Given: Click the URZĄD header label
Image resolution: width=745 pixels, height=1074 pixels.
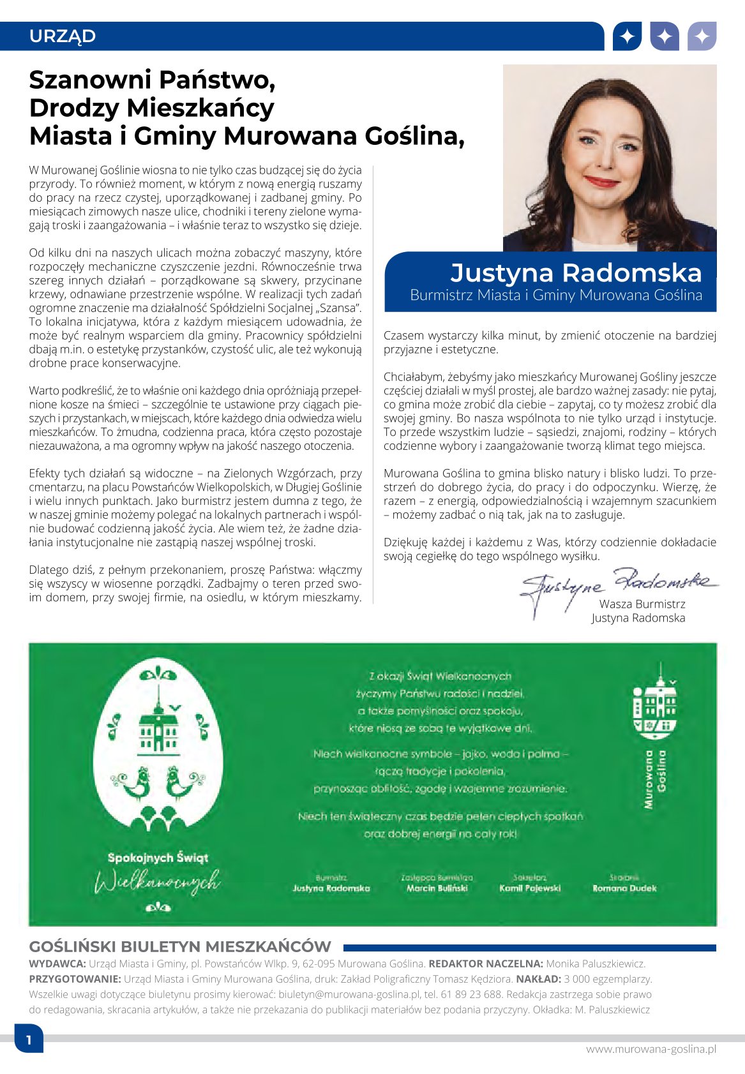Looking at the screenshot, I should pos(63,36).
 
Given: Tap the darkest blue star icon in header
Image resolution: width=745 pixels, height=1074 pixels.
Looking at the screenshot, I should pos(627,36).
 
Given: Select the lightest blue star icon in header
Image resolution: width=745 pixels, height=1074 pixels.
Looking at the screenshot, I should pos(702,36).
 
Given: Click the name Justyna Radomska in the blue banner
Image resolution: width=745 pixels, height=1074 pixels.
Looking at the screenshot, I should pos(576,272).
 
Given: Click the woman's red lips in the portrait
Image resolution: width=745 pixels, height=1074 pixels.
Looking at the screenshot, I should pos(603,181).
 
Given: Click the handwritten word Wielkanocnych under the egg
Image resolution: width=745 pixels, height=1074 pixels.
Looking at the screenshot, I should pos(157,882).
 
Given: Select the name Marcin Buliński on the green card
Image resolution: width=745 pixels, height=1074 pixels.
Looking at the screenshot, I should pos(437,888).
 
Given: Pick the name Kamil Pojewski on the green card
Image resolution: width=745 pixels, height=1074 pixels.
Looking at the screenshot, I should pos(530,888).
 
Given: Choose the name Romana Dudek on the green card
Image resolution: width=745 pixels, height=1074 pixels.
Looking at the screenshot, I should pos(624,888).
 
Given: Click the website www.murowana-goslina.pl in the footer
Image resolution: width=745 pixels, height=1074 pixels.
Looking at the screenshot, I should pos(651,1049).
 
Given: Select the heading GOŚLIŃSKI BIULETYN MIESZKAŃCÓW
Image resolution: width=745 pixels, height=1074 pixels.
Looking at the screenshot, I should pos(181,946).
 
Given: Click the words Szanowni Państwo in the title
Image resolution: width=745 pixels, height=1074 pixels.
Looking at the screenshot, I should pos(152,80).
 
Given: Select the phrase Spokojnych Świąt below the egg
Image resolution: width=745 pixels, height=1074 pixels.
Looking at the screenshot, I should pos(158,858).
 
